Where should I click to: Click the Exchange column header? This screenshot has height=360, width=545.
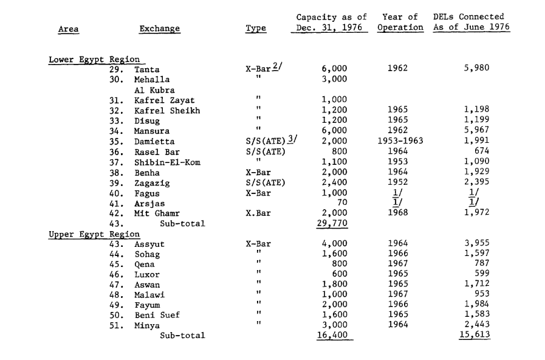click(159, 29)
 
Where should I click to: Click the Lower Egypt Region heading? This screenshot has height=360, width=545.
click(94, 60)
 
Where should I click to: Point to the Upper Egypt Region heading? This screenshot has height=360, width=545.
click(94, 234)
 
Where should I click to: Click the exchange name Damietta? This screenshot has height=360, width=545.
click(154, 141)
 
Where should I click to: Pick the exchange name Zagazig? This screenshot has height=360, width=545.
click(152, 182)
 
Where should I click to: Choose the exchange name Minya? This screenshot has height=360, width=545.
click(147, 325)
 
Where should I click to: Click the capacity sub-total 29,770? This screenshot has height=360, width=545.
click(332, 224)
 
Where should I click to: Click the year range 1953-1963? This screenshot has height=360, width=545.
click(400, 141)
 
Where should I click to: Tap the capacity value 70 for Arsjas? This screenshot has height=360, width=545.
click(341, 203)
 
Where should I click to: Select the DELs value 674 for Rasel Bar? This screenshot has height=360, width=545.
click(481, 151)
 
